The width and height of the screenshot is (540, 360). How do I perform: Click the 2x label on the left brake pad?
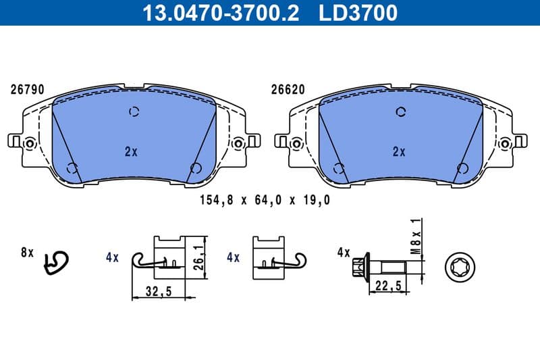pyautogui.click(x=131, y=152)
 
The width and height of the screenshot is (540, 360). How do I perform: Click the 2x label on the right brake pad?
pyautogui.click(x=399, y=152)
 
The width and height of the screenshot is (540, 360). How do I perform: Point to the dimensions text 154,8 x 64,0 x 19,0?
pyautogui.click(x=265, y=201)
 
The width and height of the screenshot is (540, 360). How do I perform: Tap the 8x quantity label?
pyautogui.click(x=27, y=253)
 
